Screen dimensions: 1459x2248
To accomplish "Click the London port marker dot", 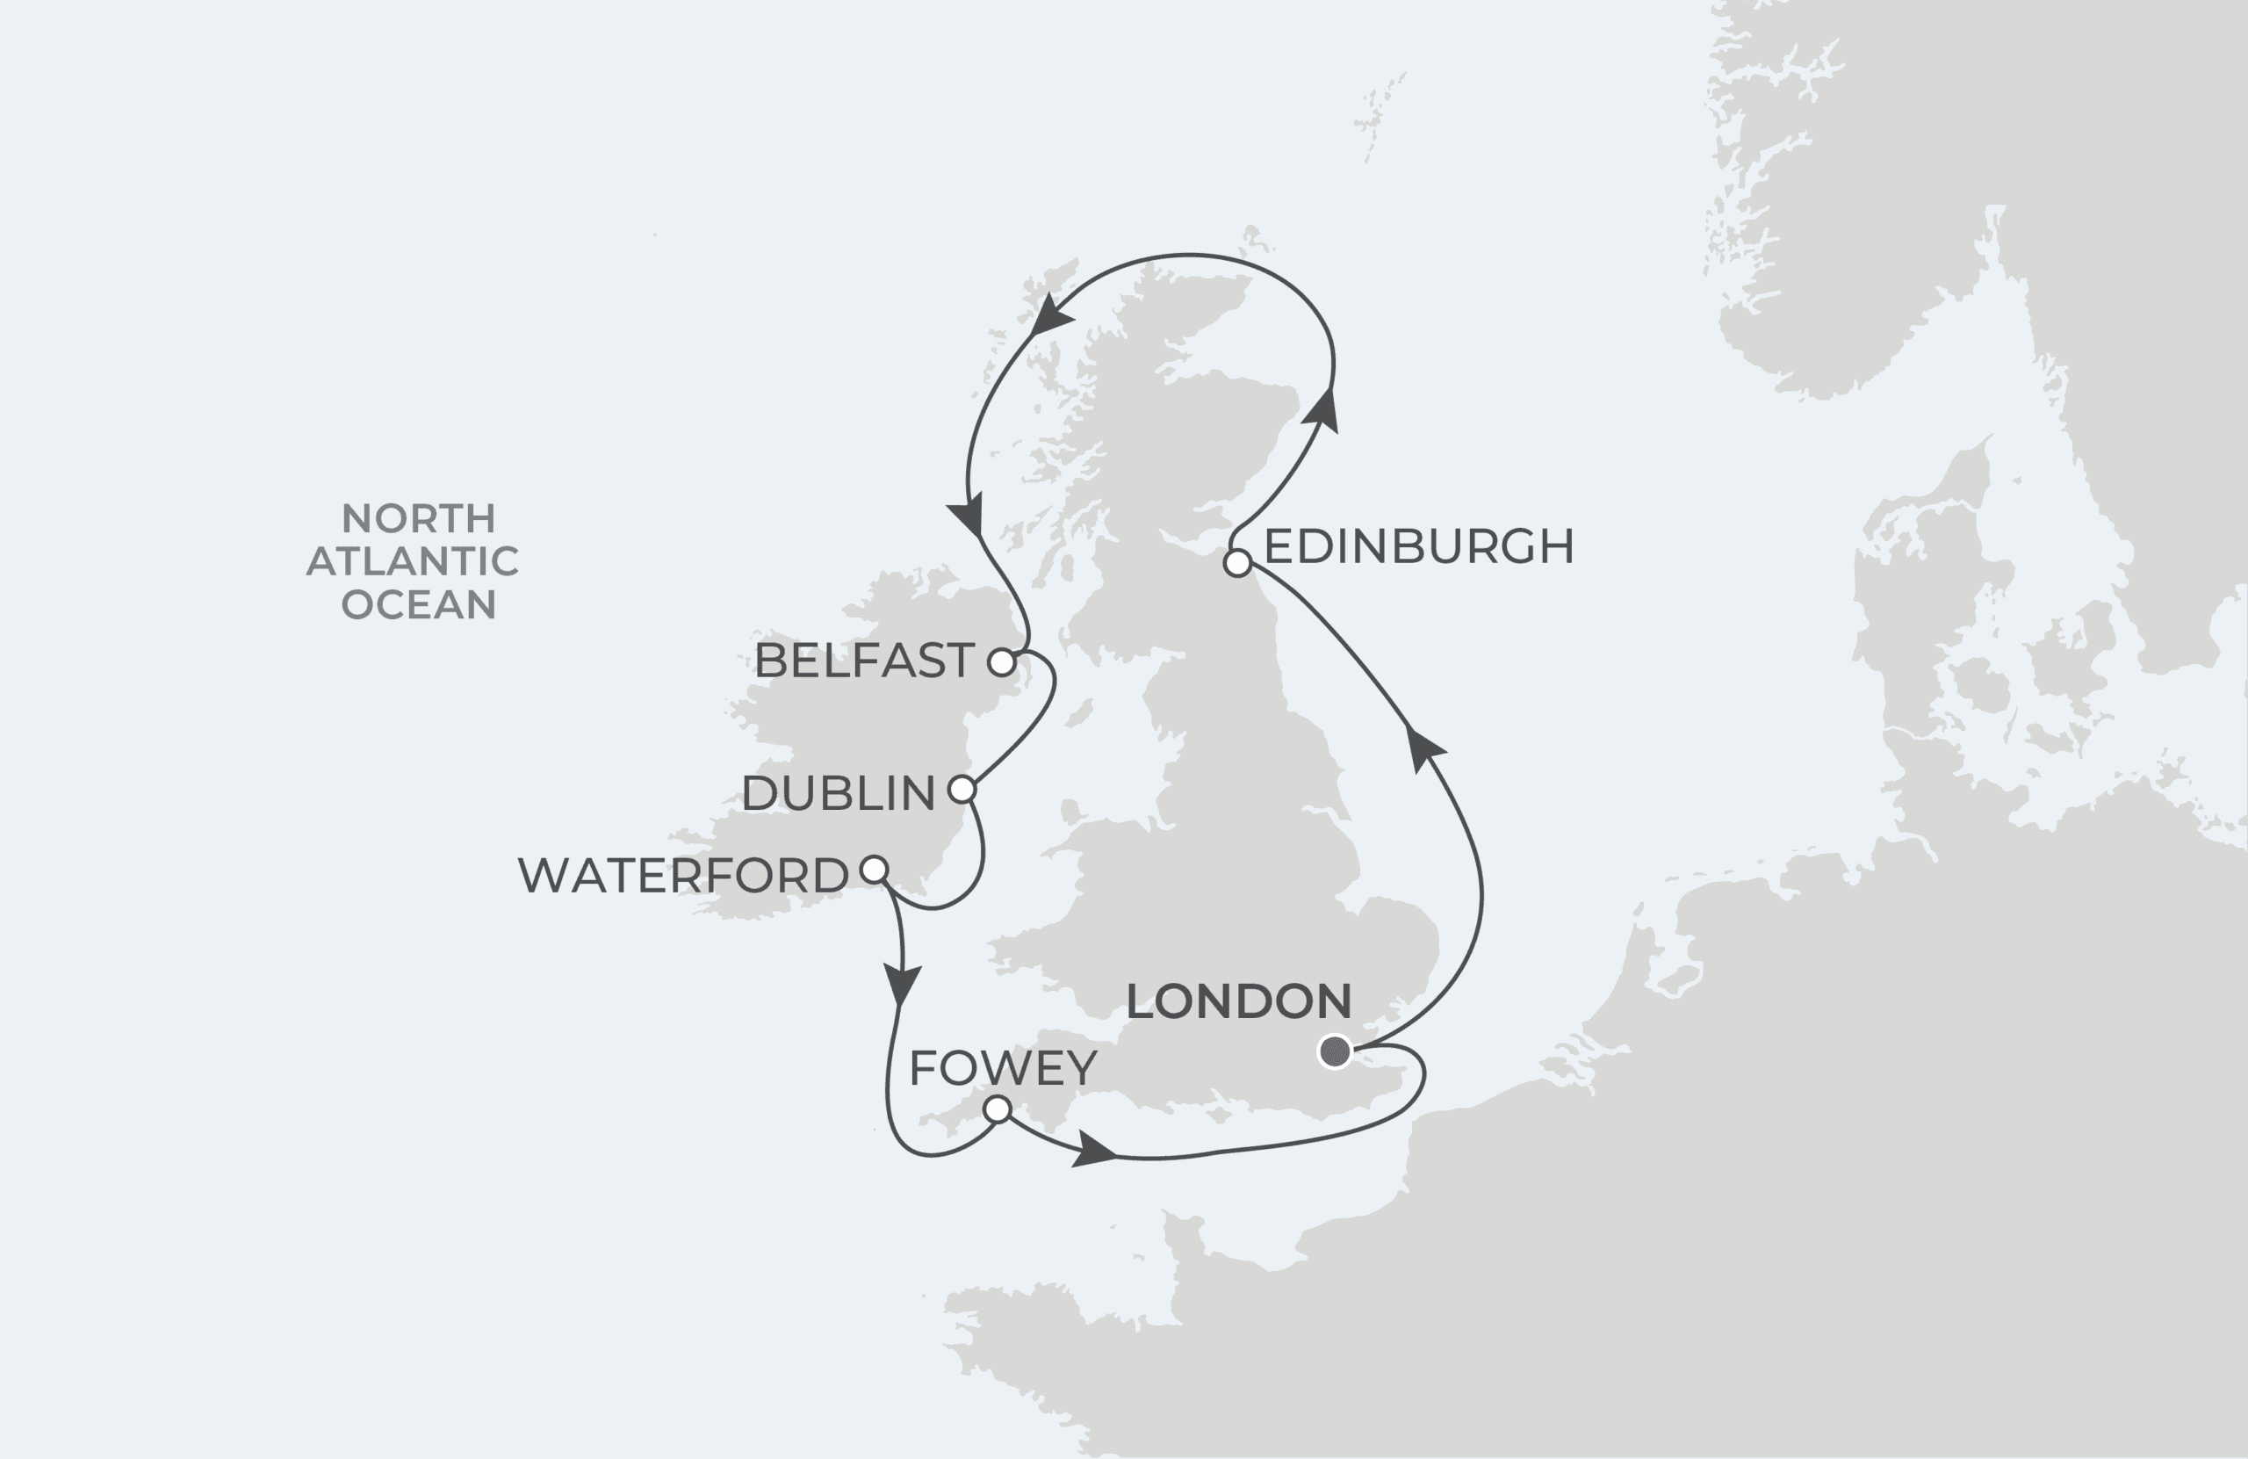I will click(1335, 1051).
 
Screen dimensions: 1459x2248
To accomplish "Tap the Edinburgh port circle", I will click(1237, 563).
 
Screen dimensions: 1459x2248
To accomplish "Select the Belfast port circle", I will click(1001, 661).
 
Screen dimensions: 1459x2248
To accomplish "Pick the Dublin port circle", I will click(962, 789).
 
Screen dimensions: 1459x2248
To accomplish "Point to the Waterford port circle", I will click(875, 869).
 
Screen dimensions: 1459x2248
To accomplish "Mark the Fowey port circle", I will click(998, 1109).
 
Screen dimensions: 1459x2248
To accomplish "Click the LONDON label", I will click(1238, 1001).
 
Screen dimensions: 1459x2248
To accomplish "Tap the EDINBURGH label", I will click(1419, 546).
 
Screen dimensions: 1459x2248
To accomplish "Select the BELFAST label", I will click(864, 661).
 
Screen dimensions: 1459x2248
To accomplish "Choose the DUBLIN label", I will click(838, 793).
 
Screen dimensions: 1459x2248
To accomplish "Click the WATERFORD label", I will click(683, 876).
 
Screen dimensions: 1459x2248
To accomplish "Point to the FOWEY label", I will click(1003, 1068).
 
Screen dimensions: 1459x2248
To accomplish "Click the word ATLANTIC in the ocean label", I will click(413, 561).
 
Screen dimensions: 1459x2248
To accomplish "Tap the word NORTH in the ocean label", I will click(419, 519).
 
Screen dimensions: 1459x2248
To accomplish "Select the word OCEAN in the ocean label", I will click(419, 604).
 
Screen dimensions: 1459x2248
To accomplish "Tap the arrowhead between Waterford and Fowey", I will click(901, 983).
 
